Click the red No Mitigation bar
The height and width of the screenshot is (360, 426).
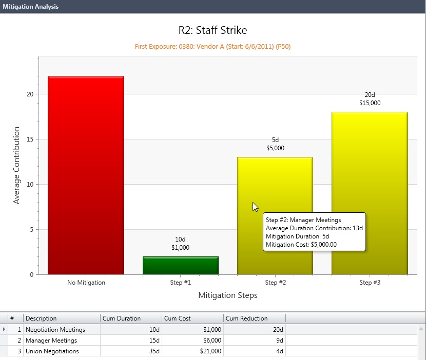pyautogui.click(x=86, y=174)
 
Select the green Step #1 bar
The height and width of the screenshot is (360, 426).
pyautogui.click(x=180, y=265)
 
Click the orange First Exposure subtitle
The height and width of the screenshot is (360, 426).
pyautogui.click(x=213, y=47)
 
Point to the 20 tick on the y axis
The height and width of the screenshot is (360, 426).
pyautogui.click(x=30, y=94)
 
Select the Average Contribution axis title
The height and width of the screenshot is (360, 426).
pyautogui.click(x=16, y=165)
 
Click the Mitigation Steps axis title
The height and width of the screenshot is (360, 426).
pyautogui.click(x=227, y=295)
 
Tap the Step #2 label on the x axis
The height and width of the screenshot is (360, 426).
pyautogui.click(x=275, y=283)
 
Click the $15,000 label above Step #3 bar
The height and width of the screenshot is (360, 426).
pyautogui.click(x=370, y=103)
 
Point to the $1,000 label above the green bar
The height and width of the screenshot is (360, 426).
pyautogui.click(x=180, y=248)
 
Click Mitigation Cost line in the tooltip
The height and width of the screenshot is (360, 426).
pyautogui.click(x=301, y=245)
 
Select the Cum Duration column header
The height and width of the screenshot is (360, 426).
pyautogui.click(x=122, y=318)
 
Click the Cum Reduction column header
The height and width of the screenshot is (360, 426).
pyautogui.click(x=246, y=318)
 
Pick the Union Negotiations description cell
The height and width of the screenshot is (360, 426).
pyautogui.click(x=52, y=351)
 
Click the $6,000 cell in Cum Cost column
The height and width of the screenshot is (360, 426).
pyautogui.click(x=211, y=341)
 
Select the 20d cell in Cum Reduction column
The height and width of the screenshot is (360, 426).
pyautogui.click(x=277, y=330)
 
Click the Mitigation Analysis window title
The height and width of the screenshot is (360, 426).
pyautogui.click(x=30, y=7)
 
